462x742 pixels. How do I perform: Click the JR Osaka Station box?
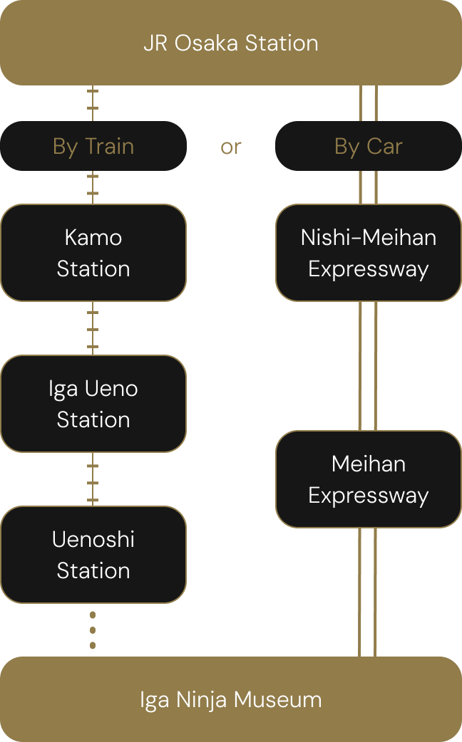point(231,43)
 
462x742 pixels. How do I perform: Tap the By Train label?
point(93,146)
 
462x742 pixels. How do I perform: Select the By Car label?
point(368,146)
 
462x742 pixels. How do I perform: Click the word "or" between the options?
point(231,147)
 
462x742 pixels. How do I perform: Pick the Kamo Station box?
point(93,253)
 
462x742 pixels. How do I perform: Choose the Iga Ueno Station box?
point(93,404)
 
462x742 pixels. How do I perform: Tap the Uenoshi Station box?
point(93,555)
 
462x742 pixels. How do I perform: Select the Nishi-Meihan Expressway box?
point(368,253)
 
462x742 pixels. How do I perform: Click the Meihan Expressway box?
point(368,479)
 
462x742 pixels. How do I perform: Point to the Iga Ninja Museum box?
point(231,699)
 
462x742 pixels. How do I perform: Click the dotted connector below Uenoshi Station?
point(93,629)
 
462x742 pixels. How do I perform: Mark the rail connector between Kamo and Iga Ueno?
point(93,328)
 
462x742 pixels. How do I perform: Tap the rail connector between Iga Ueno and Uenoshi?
point(93,479)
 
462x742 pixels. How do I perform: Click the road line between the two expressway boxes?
point(368,365)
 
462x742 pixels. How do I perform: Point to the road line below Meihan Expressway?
point(368,592)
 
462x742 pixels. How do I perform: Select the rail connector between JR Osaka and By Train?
point(93,103)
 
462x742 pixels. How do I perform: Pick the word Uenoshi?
point(93,539)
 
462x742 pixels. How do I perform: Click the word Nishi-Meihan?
point(368,237)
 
